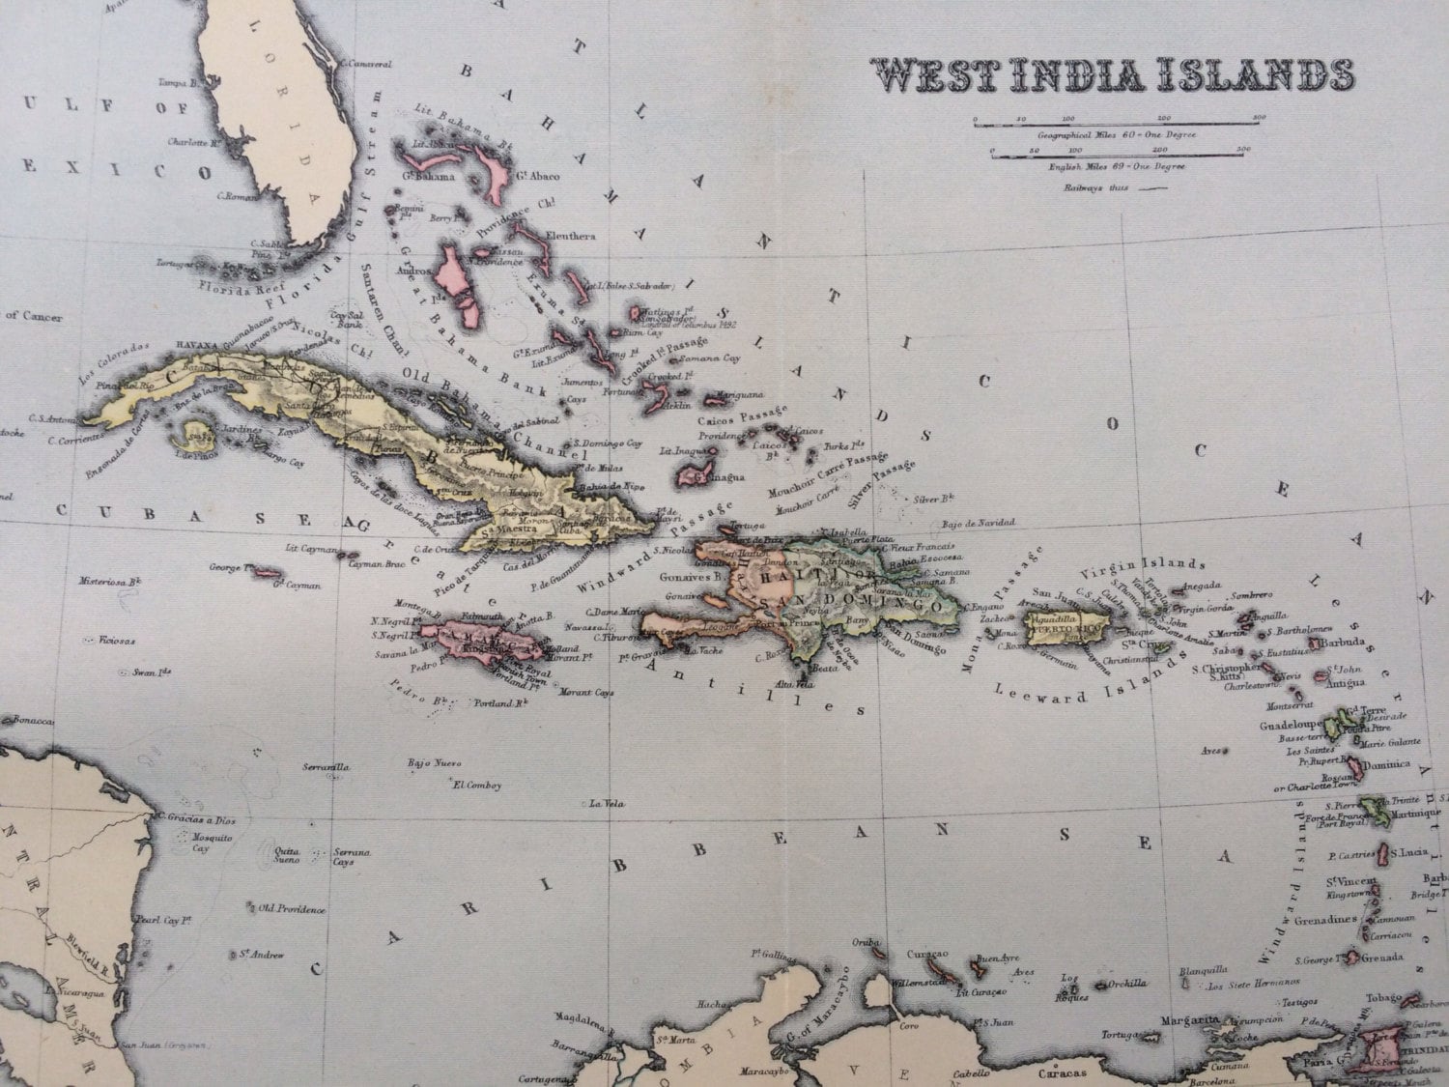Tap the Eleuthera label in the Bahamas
[570, 236]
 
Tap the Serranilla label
[325, 766]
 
